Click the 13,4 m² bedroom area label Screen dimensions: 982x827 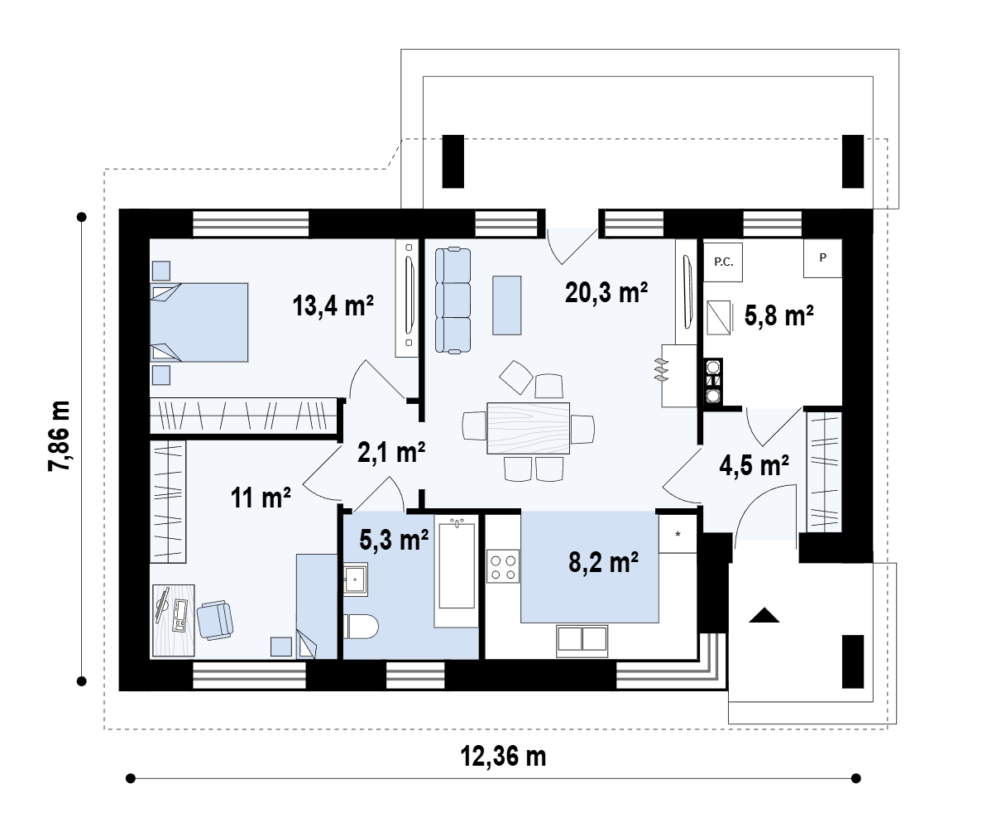coord(333,306)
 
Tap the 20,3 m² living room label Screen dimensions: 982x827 coord(606,292)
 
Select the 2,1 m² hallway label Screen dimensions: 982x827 coord(391,452)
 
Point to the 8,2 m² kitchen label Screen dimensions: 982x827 coord(603,562)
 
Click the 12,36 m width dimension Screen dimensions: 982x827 coord(504,756)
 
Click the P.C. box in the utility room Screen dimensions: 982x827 coord(723,262)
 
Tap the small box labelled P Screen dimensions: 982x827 coord(823,257)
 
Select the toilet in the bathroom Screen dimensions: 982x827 coord(362,626)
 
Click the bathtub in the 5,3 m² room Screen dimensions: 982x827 coord(457,563)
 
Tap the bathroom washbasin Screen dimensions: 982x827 coord(355,578)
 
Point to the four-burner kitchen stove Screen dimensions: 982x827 coord(504,566)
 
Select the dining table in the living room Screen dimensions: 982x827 coord(528,428)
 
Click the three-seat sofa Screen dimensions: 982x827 coord(453,301)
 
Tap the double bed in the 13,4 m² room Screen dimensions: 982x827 coord(199,322)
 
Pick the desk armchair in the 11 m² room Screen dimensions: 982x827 coord(215,620)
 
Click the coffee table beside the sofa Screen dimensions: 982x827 coord(506,305)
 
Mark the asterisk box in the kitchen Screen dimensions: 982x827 coord(678,534)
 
